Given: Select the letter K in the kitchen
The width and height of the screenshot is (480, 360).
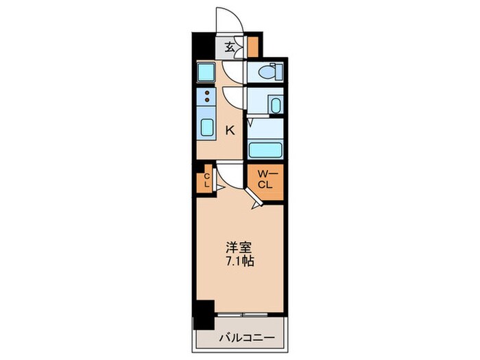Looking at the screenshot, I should [231, 130].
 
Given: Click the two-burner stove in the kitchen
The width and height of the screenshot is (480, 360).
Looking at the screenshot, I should [206, 96].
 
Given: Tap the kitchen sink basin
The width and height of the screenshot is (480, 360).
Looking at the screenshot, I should [206, 127].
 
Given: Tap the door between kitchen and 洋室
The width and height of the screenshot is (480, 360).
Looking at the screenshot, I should [230, 174].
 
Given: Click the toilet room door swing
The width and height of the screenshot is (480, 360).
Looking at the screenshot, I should [235, 71].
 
